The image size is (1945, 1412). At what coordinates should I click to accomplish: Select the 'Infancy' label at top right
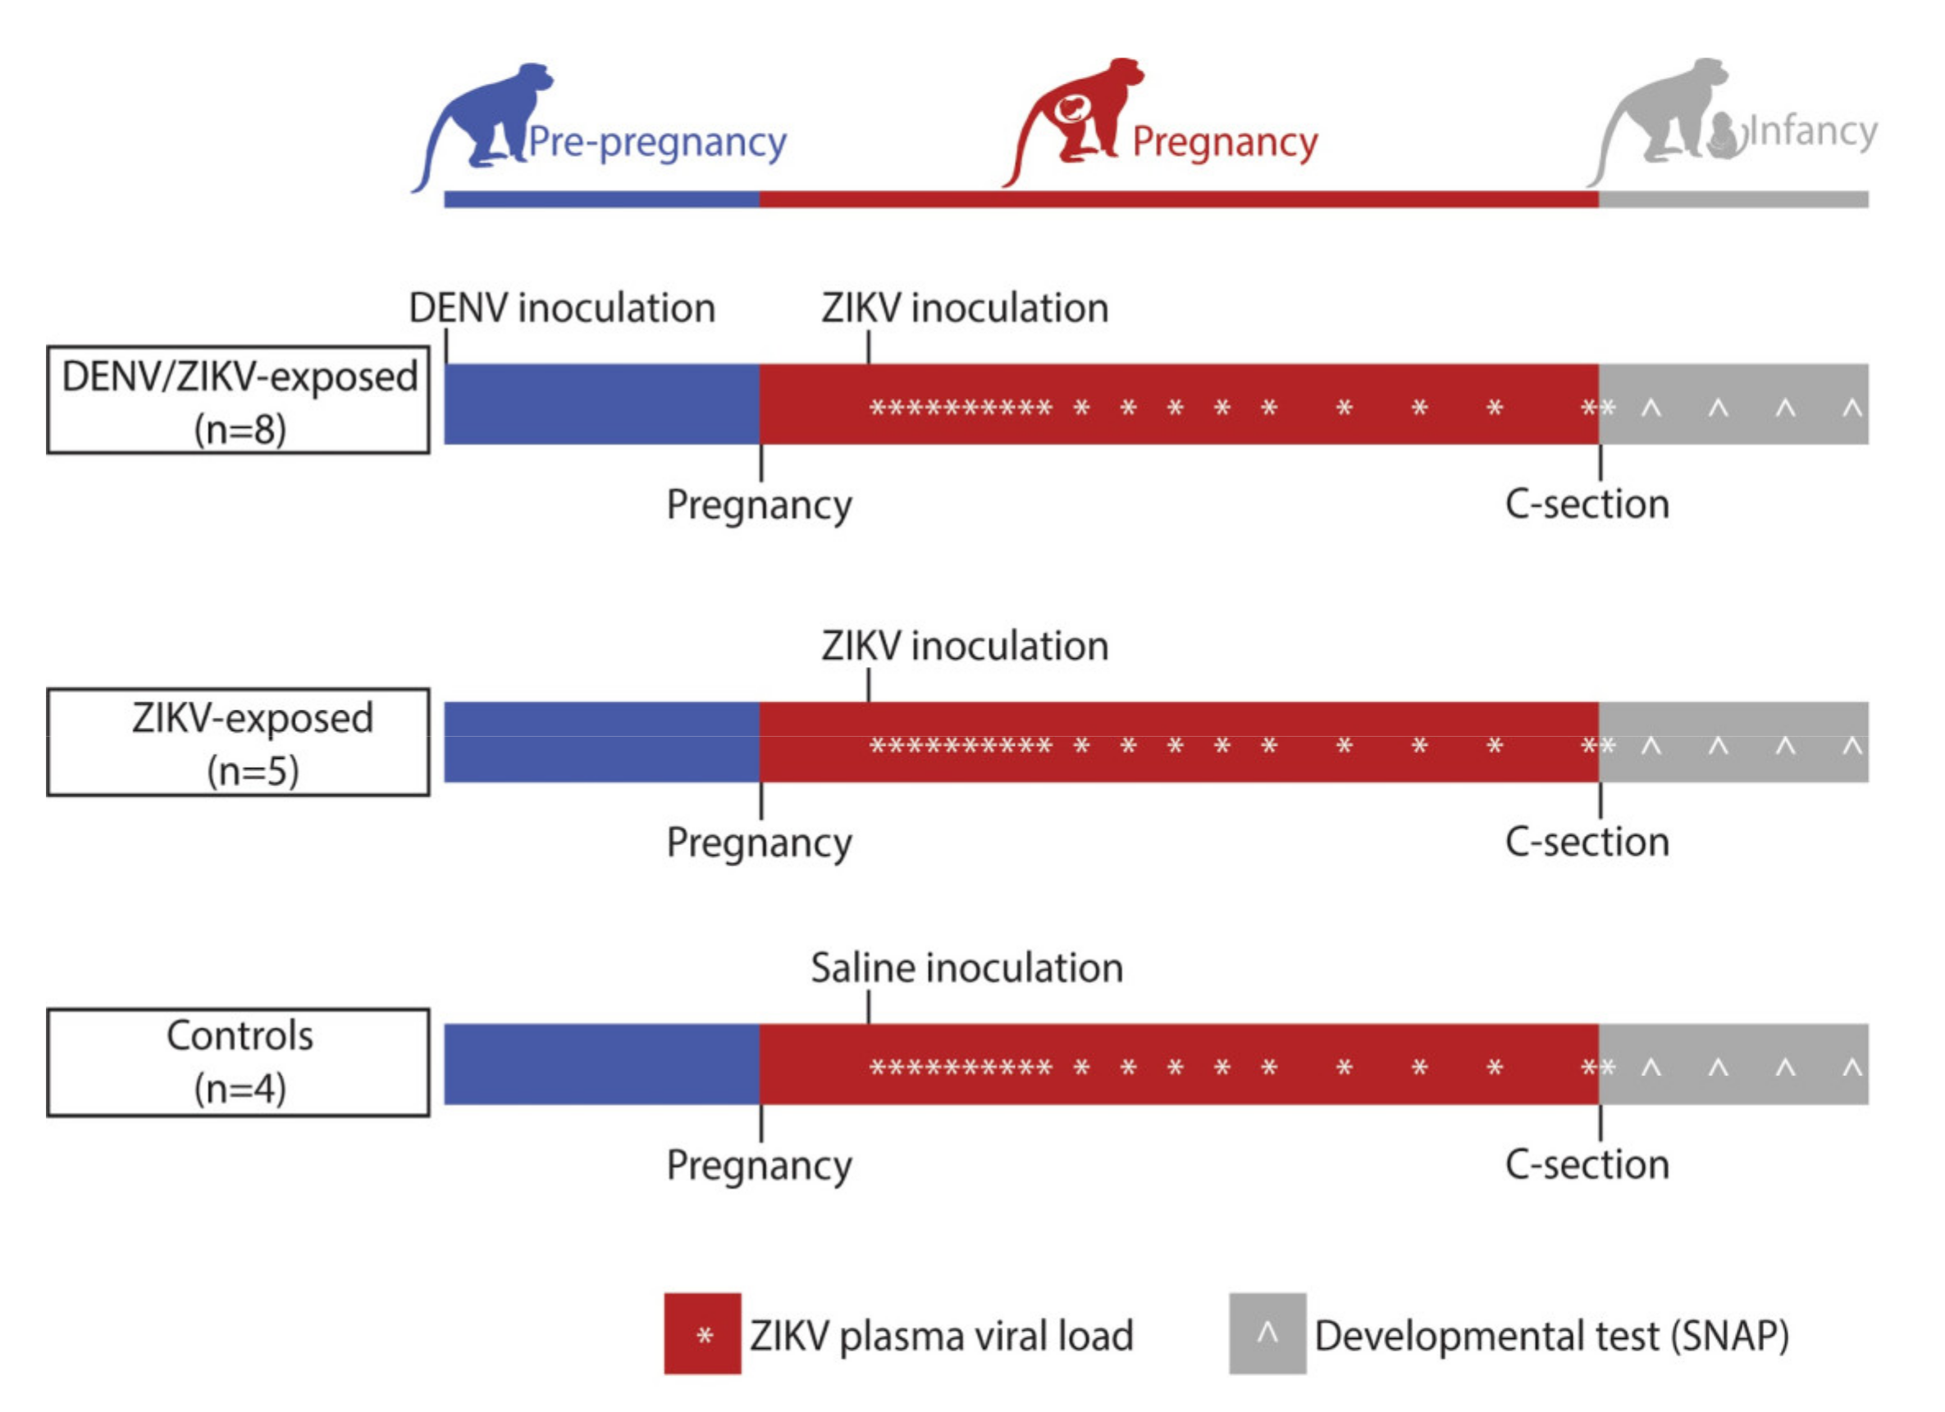pyautogui.click(x=1812, y=132)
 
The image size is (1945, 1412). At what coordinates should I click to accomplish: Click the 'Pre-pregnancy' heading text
pyautogui.click(x=657, y=143)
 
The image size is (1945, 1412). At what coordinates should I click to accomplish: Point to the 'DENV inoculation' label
pyautogui.click(x=562, y=308)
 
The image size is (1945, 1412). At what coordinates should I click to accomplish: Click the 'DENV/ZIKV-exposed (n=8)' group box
pyautogui.click(x=239, y=400)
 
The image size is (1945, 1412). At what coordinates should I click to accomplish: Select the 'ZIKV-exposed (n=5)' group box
pyautogui.click(x=239, y=742)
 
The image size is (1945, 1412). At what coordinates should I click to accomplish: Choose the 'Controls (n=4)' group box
pyautogui.click(x=239, y=1062)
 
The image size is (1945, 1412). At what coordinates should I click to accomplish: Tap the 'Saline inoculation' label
pyautogui.click(x=966, y=967)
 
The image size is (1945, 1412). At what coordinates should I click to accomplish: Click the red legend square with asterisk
pyautogui.click(x=701, y=1334)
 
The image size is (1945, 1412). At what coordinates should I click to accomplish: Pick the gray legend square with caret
pyautogui.click(x=1267, y=1334)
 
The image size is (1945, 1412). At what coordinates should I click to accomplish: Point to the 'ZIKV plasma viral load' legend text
pyautogui.click(x=941, y=1336)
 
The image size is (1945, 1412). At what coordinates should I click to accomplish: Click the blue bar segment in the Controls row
pyautogui.click(x=601, y=1064)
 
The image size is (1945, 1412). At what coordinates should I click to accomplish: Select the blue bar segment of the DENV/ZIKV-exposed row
pyautogui.click(x=601, y=404)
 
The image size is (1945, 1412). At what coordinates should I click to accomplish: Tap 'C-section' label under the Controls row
pyautogui.click(x=1587, y=1164)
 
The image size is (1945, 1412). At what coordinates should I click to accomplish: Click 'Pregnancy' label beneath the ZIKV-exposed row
pyautogui.click(x=759, y=843)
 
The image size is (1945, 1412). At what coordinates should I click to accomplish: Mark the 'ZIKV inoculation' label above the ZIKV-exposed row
pyautogui.click(x=965, y=646)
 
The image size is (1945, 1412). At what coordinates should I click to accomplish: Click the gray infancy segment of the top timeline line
pyautogui.click(x=1733, y=199)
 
